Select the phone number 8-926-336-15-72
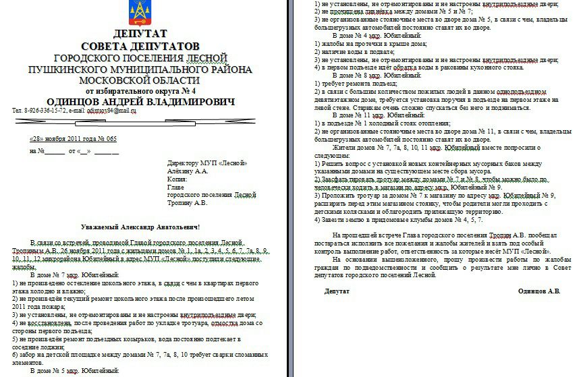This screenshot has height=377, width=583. [46, 111]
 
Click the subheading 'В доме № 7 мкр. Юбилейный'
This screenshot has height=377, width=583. [74, 275]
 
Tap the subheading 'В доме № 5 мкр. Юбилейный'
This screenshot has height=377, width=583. [74, 371]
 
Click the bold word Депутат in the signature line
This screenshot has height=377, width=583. [337, 291]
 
